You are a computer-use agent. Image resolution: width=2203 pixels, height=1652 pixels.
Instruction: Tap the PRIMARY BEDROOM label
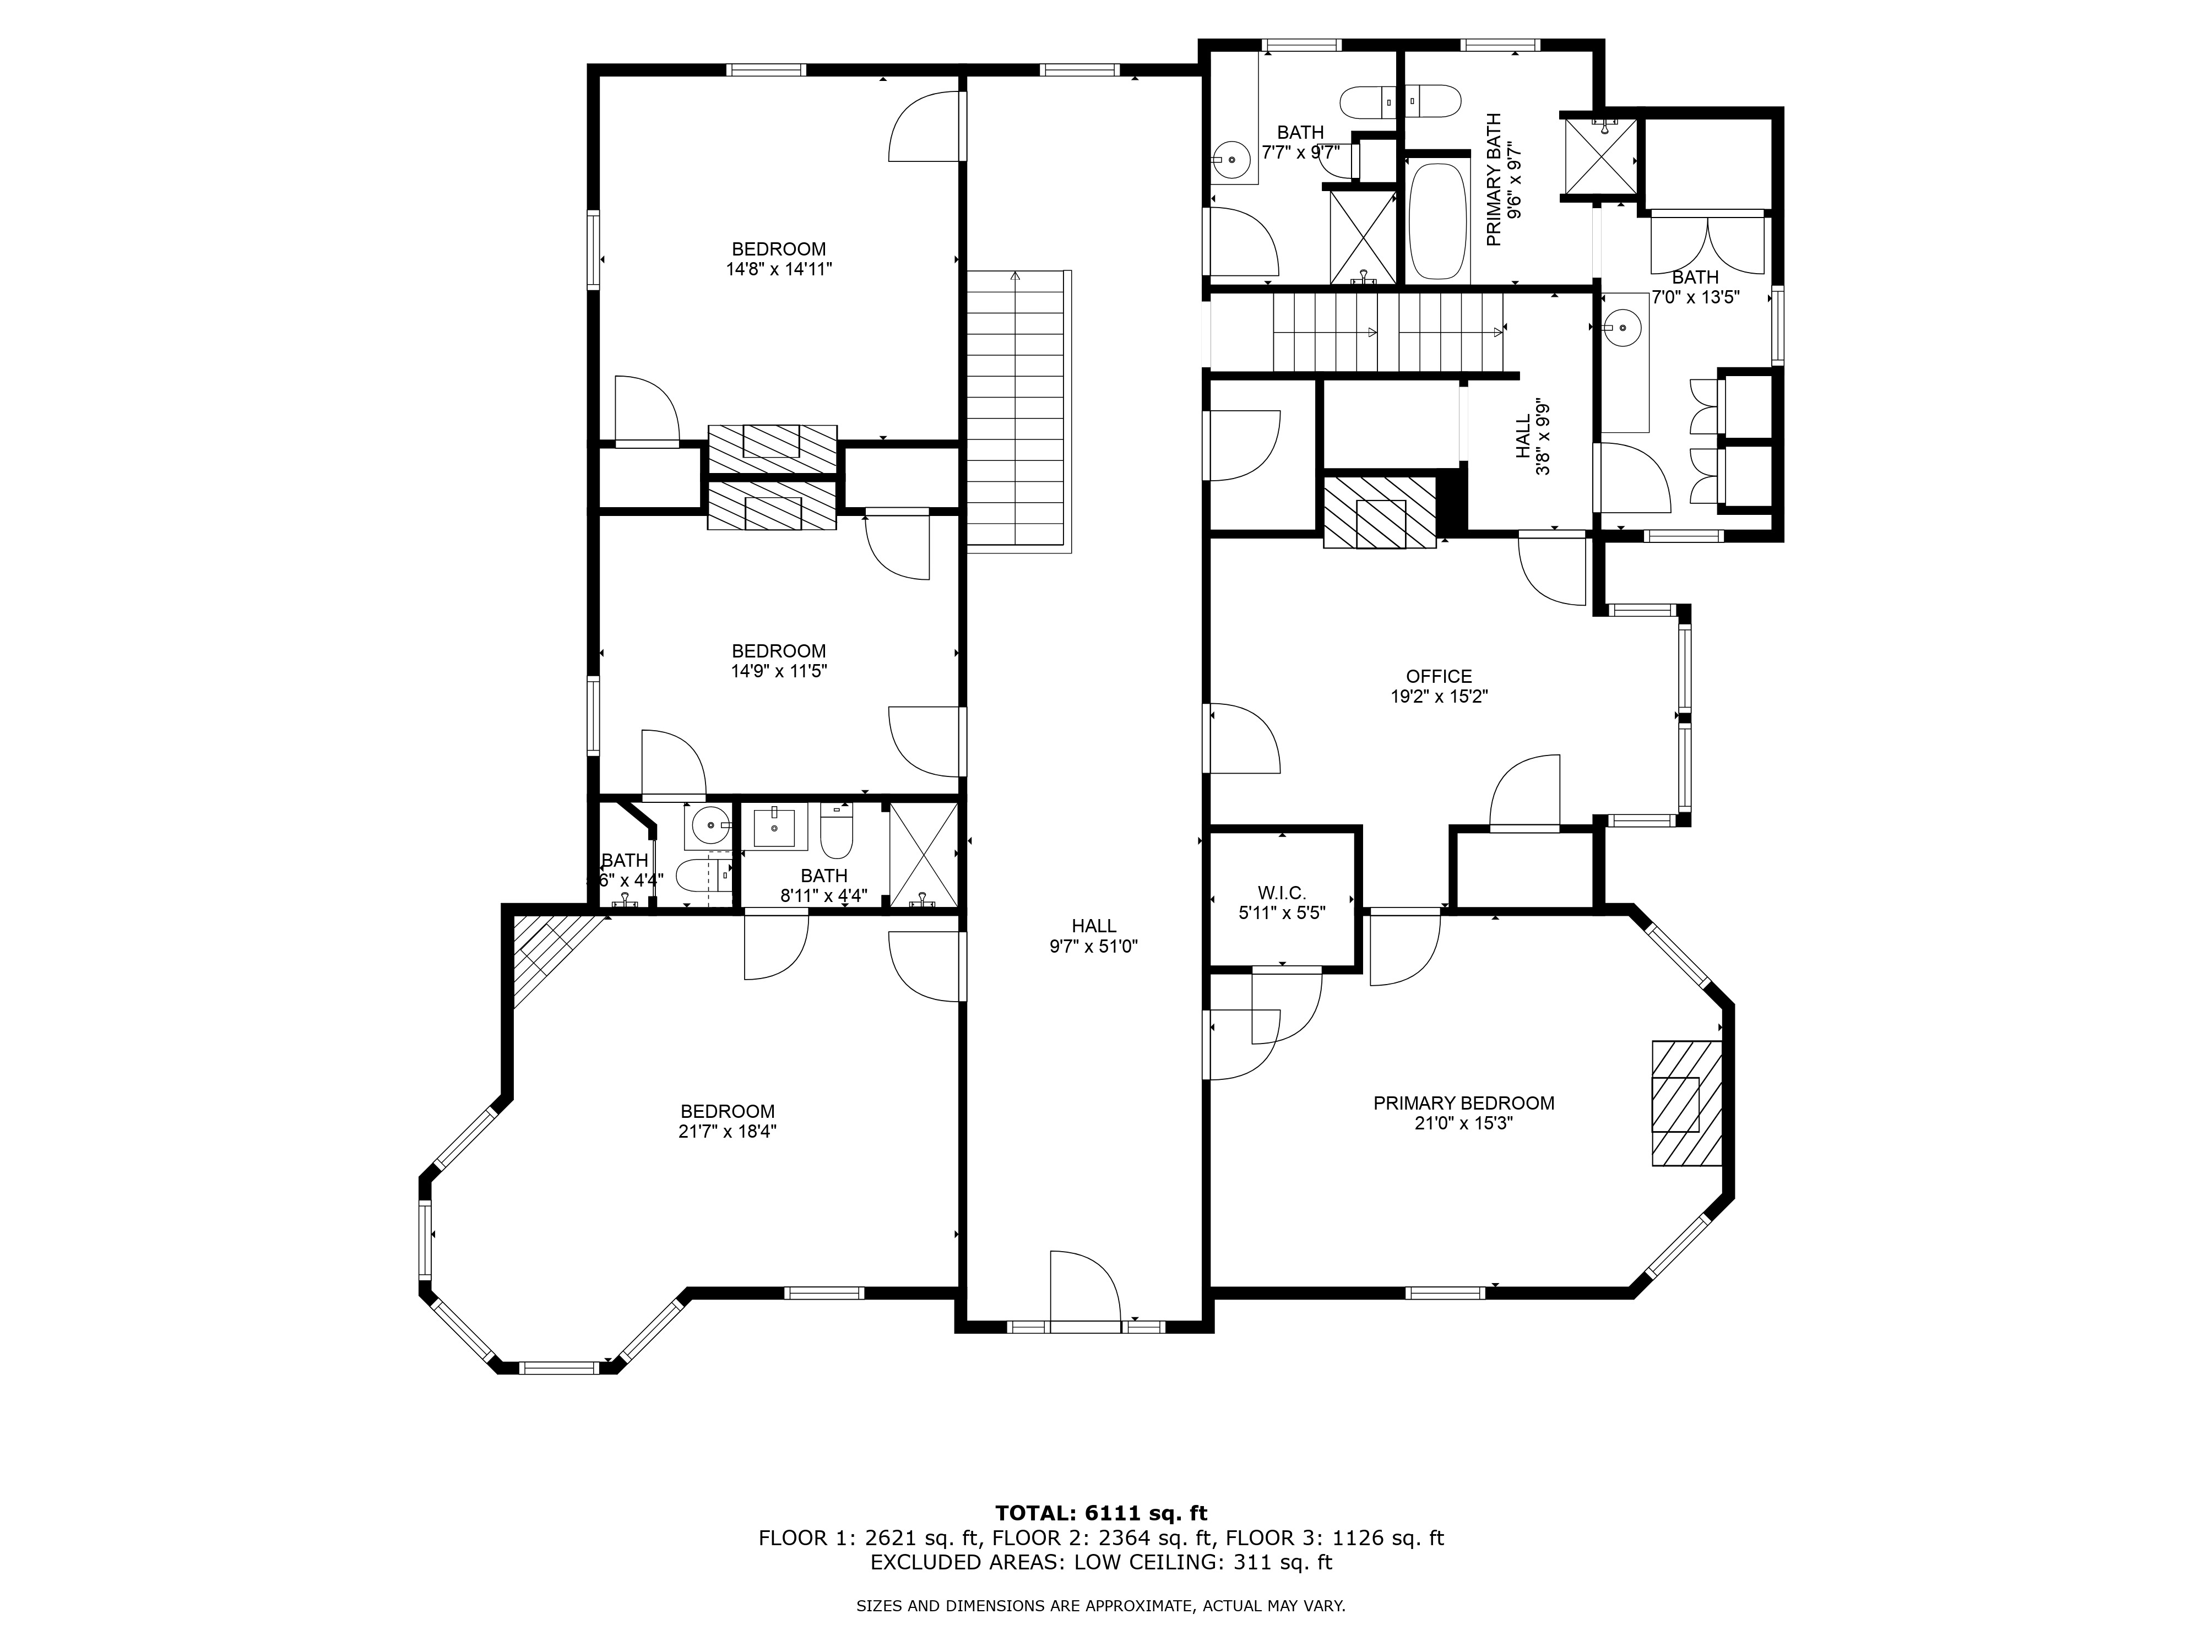(x=1463, y=1104)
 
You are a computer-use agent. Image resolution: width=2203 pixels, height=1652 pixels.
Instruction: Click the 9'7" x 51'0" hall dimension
(x=1094, y=946)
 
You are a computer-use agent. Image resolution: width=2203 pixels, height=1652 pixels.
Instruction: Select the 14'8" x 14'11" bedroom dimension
(x=779, y=269)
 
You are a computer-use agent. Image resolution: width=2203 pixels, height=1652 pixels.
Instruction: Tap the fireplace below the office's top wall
(x=1380, y=512)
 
